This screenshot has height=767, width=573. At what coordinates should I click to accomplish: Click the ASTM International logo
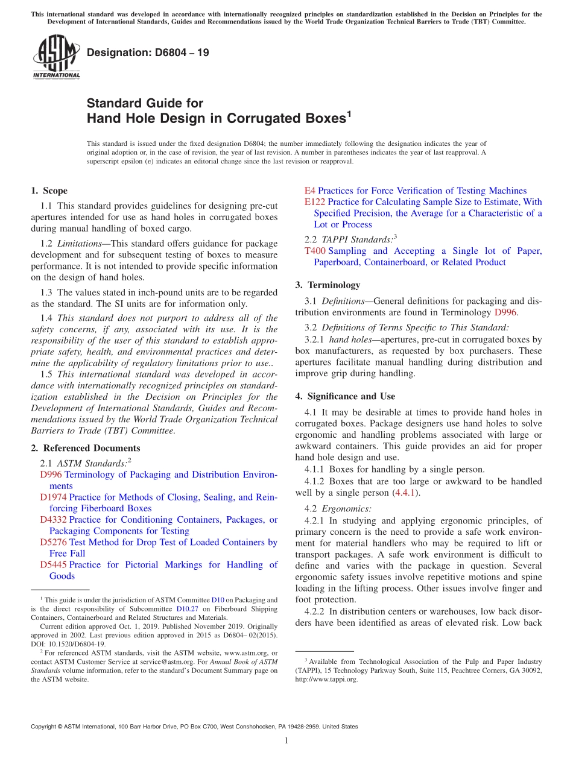pos(55,57)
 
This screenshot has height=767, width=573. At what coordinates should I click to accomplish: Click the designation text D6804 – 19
pos(148,52)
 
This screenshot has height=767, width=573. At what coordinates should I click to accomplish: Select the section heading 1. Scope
pos(49,191)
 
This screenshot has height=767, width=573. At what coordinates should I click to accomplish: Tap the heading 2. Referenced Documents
pos(86,448)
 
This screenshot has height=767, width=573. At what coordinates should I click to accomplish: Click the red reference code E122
pos(316,202)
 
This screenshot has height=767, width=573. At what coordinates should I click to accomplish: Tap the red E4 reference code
pos(310,191)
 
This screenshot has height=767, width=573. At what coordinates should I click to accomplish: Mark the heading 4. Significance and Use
pos(345,396)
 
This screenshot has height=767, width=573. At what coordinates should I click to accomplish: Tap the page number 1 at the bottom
pos(286,740)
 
